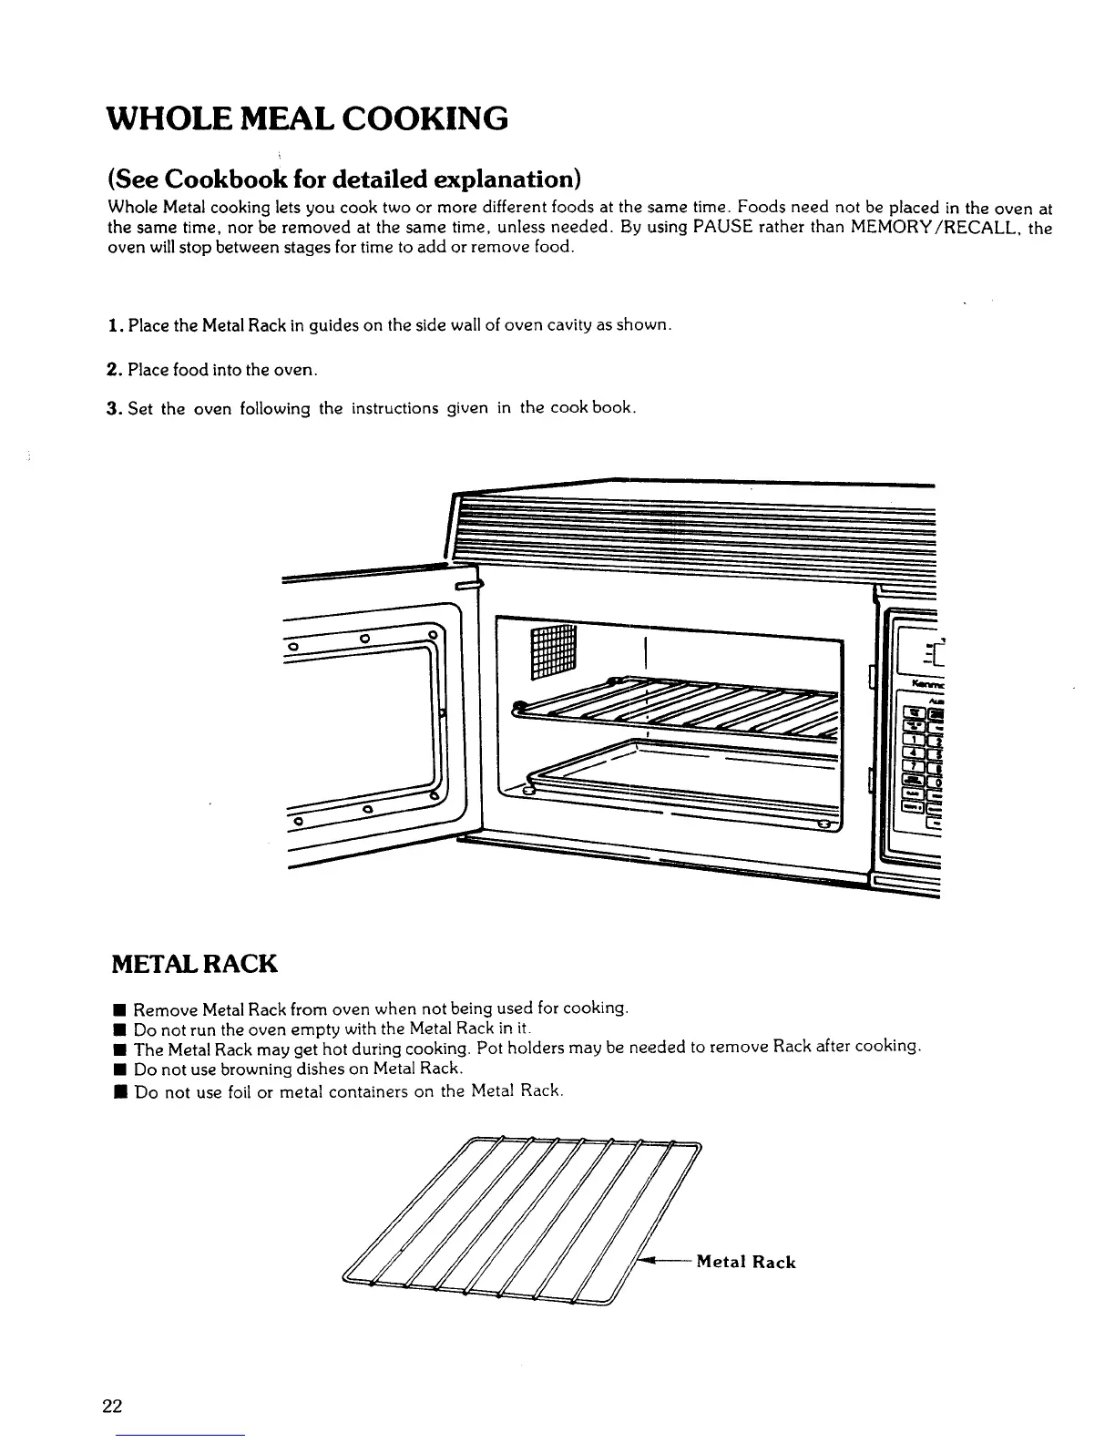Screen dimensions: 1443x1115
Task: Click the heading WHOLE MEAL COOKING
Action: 307,118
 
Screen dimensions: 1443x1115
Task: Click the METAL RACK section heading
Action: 192,963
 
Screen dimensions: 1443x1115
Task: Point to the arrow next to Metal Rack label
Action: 663,1261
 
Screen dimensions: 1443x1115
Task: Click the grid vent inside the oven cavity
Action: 553,651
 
